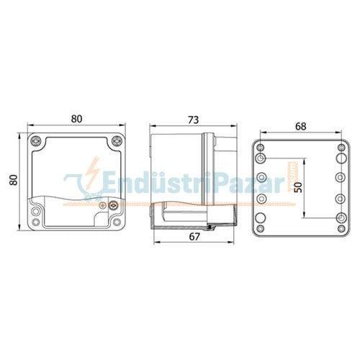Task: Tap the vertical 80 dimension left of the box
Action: pos(12,179)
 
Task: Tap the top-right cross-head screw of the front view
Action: pos(117,141)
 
